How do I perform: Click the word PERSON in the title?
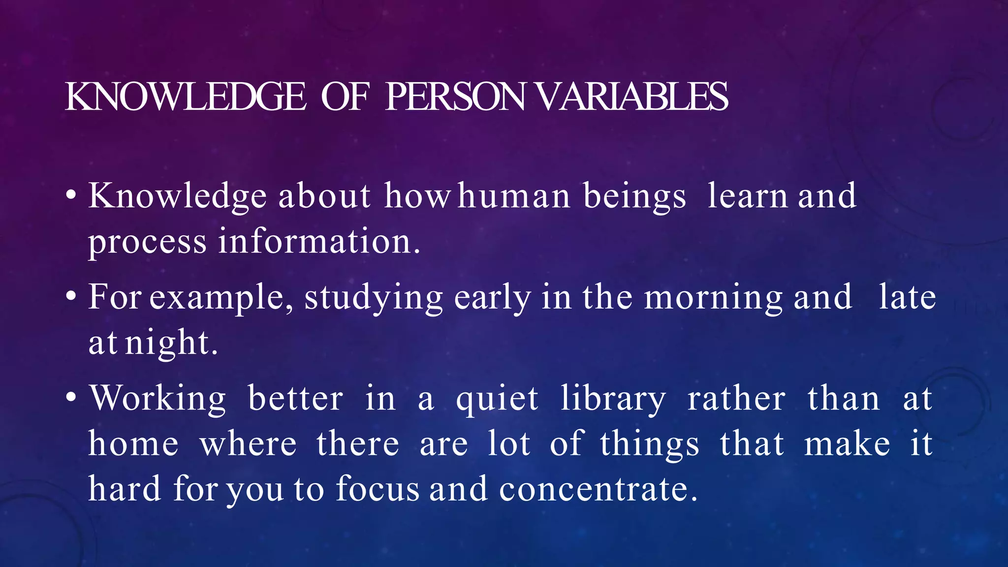tap(456, 96)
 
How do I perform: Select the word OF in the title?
tap(345, 96)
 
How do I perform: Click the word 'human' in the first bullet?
tap(514, 196)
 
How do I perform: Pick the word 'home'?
tap(133, 443)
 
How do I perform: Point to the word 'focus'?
tap(378, 489)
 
